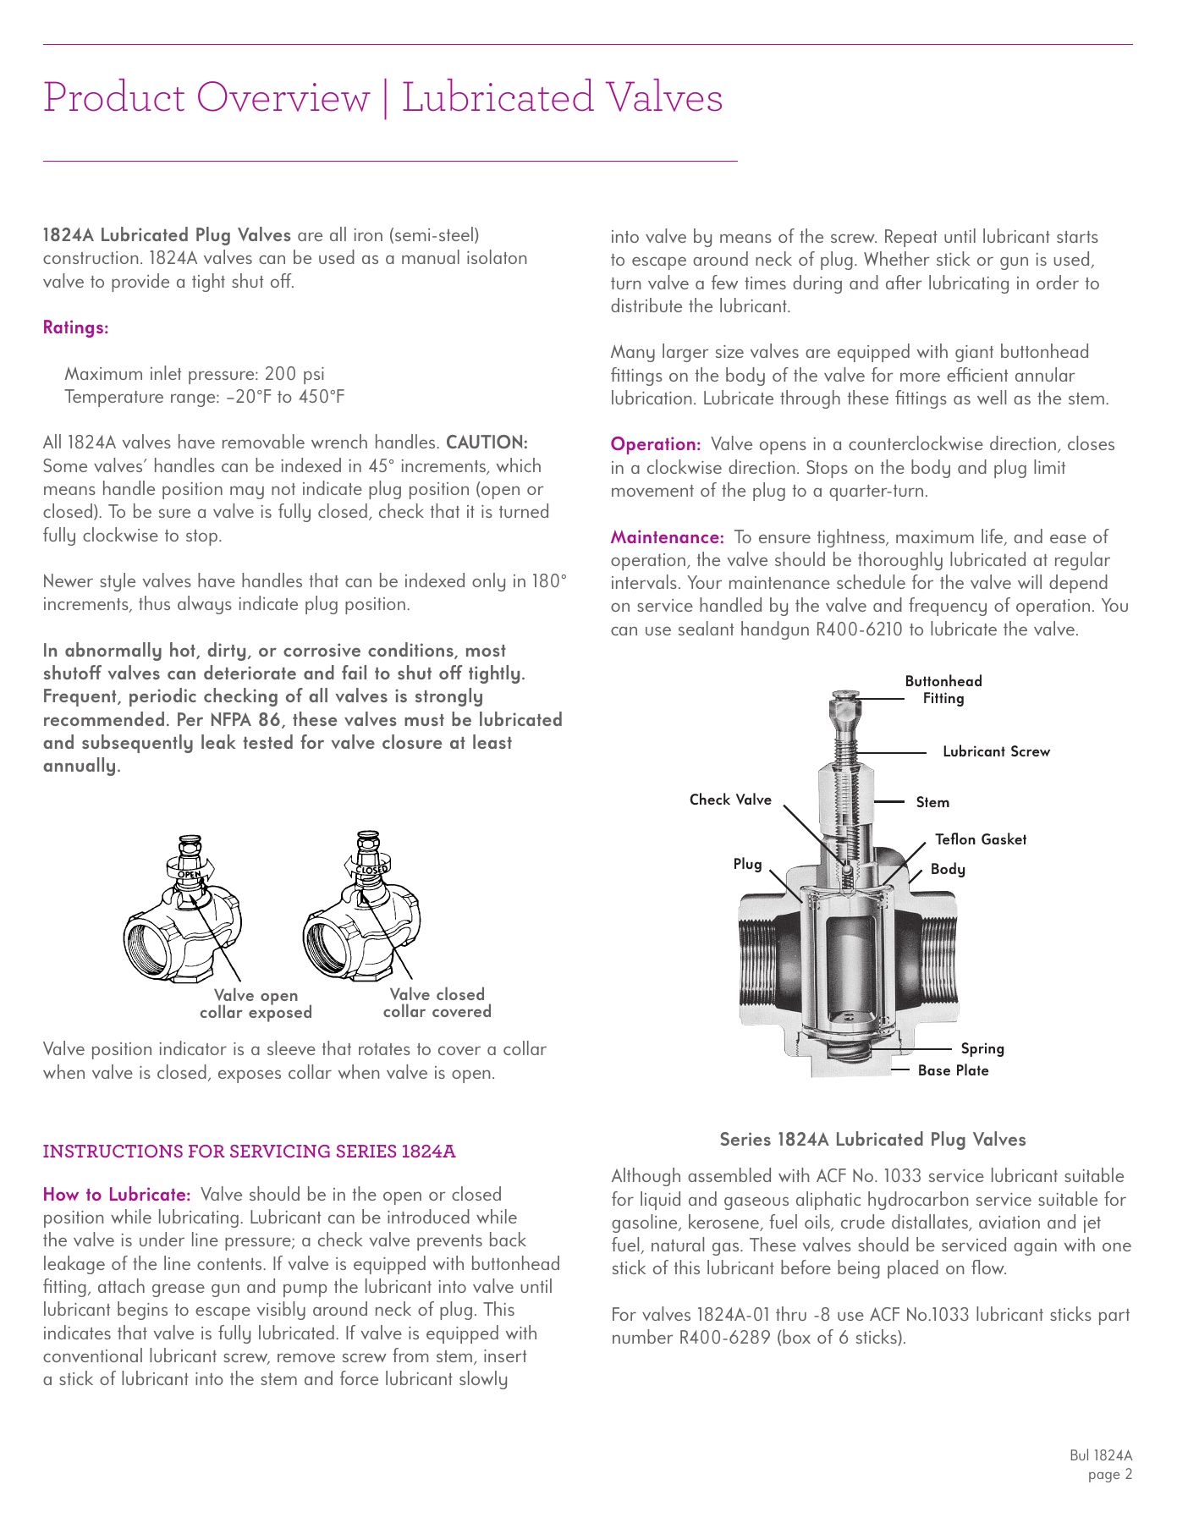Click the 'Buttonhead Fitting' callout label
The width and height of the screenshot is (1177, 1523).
pos(943,690)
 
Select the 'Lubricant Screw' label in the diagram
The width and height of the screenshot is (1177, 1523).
pos(996,751)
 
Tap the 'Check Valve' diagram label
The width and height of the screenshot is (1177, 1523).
pos(730,800)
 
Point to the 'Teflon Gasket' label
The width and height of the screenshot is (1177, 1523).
pos(980,839)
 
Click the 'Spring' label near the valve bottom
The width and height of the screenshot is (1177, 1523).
pos(982,1048)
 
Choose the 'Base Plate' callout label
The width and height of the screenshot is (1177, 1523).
pos(953,1070)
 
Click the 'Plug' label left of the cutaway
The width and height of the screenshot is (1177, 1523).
pos(747,864)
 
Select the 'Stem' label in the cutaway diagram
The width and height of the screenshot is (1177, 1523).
pos(932,802)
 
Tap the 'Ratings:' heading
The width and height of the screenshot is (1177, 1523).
pos(75,327)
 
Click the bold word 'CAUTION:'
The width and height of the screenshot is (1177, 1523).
pos(487,443)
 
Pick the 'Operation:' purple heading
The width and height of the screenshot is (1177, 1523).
pos(656,444)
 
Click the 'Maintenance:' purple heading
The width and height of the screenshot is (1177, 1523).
pos(667,537)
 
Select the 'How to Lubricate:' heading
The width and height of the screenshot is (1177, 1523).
pos(117,1195)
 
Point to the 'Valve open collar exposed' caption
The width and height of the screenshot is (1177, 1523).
pos(256,1004)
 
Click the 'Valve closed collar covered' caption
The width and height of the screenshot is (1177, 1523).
pos(437,1003)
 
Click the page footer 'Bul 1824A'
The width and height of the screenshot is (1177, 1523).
pos(1100,1455)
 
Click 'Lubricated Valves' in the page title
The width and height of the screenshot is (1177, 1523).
pos(562,97)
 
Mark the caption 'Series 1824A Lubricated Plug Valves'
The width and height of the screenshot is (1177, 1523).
pos(872,1140)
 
